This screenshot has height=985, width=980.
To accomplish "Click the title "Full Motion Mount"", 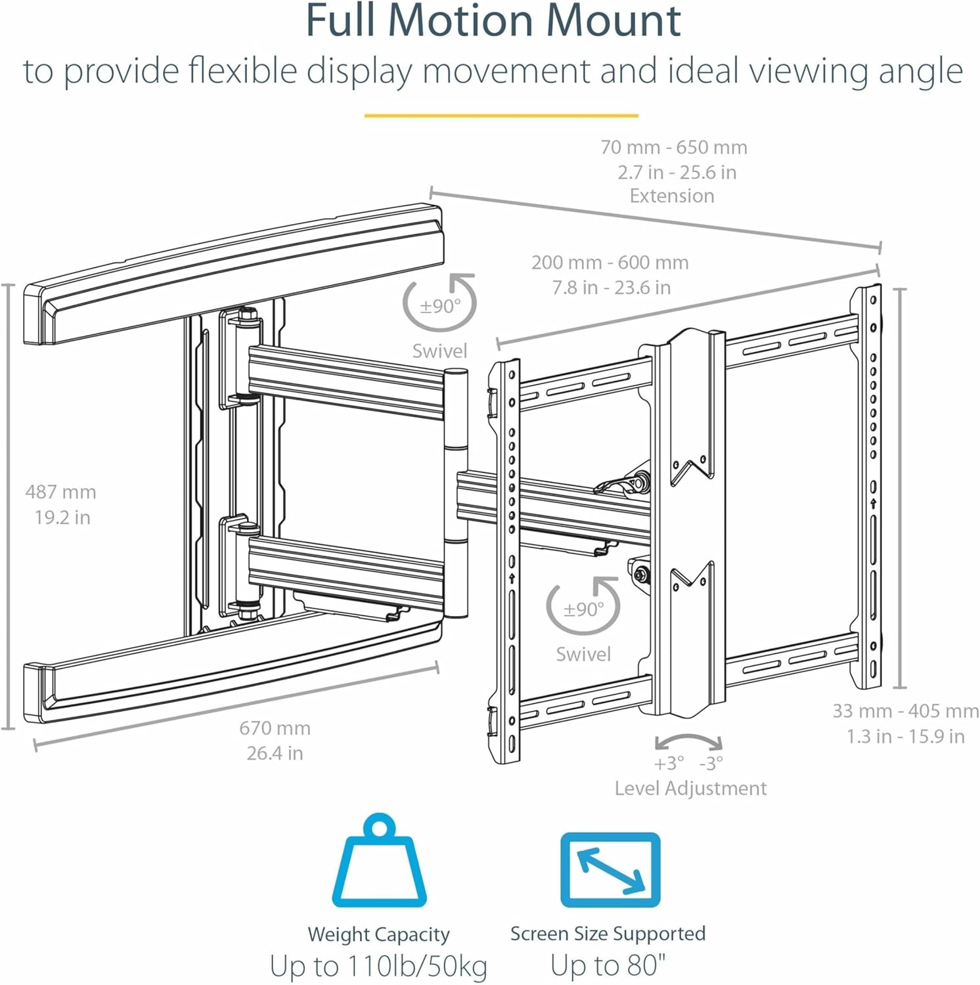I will (493, 21).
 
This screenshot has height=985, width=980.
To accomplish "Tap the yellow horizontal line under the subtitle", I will (501, 116).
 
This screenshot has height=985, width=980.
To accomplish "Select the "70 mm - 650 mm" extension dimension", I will (674, 147).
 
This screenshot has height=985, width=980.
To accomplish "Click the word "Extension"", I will (671, 196).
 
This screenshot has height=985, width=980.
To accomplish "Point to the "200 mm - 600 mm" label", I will (610, 263).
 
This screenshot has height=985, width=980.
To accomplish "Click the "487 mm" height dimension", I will (60, 492).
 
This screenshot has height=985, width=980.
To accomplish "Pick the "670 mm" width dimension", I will (275, 728).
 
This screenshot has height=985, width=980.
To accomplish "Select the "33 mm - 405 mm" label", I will (905, 711).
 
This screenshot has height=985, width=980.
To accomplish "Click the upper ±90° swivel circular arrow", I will (439, 303).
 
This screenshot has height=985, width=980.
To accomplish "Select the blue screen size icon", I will (610, 869).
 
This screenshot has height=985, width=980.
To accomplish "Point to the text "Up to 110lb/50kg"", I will (378, 966).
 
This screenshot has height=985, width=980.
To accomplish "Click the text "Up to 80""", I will (608, 965).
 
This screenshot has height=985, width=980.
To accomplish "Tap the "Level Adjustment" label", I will (690, 788).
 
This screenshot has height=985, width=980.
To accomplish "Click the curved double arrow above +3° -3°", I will (689, 741).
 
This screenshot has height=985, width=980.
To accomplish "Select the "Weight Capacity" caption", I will (378, 934).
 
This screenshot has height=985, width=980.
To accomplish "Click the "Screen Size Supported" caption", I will (608, 933).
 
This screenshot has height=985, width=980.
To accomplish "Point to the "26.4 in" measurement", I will (275, 753).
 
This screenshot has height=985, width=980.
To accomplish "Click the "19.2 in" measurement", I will (62, 517).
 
